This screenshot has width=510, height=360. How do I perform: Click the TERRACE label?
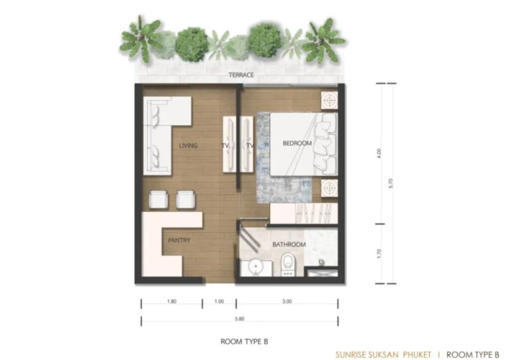pyautogui.click(x=241, y=75)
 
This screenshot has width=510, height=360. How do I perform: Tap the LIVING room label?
pyautogui.click(x=188, y=145)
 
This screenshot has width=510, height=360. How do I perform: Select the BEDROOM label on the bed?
pyautogui.click(x=297, y=143)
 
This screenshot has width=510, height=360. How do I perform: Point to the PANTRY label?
pyautogui.click(x=179, y=240)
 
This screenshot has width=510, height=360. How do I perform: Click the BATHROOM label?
pyautogui.click(x=289, y=244)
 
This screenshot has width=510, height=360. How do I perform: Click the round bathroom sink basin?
pyautogui.click(x=255, y=267)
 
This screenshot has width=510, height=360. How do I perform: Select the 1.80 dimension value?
pyautogui.click(x=172, y=301)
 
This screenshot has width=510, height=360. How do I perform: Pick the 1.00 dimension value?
pyautogui.click(x=219, y=301)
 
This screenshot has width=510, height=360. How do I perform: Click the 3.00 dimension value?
pyautogui.click(x=287, y=301)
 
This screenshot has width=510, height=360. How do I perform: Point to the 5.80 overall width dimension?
pyautogui.click(x=240, y=319)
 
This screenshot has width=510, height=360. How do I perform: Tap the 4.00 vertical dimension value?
pyautogui.click(x=379, y=153)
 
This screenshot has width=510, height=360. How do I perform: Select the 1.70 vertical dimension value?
pyautogui.click(x=379, y=253)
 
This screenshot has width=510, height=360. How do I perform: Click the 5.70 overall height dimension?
pyautogui.click(x=391, y=183)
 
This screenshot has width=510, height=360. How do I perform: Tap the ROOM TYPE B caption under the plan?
pyautogui.click(x=244, y=342)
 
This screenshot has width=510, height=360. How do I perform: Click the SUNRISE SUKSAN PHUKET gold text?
pyautogui.click(x=383, y=355)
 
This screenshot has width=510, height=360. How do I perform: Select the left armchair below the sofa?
pyautogui.click(x=159, y=199)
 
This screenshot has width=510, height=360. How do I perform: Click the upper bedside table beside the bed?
pyautogui.click(x=330, y=100)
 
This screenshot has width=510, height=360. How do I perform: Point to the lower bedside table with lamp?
pyautogui.click(x=330, y=188)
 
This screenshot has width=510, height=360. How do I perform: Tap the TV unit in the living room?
pyautogui.click(x=229, y=144)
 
